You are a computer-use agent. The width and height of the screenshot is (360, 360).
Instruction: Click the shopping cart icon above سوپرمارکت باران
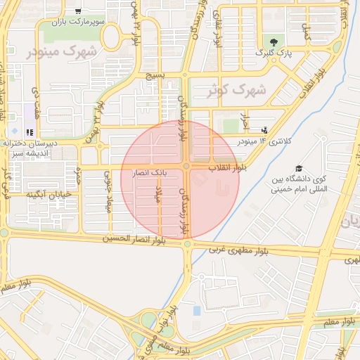(78, 11)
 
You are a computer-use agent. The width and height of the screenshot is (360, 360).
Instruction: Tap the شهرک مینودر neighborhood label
(61, 51)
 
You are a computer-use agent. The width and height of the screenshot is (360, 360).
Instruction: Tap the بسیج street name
(153, 75)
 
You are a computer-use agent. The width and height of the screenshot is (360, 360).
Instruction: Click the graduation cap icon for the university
(299, 169)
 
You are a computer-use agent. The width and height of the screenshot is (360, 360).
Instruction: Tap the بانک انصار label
(151, 171)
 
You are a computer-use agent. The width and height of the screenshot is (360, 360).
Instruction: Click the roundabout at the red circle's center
(186, 166)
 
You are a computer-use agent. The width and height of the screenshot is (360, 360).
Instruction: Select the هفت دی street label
(35, 98)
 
